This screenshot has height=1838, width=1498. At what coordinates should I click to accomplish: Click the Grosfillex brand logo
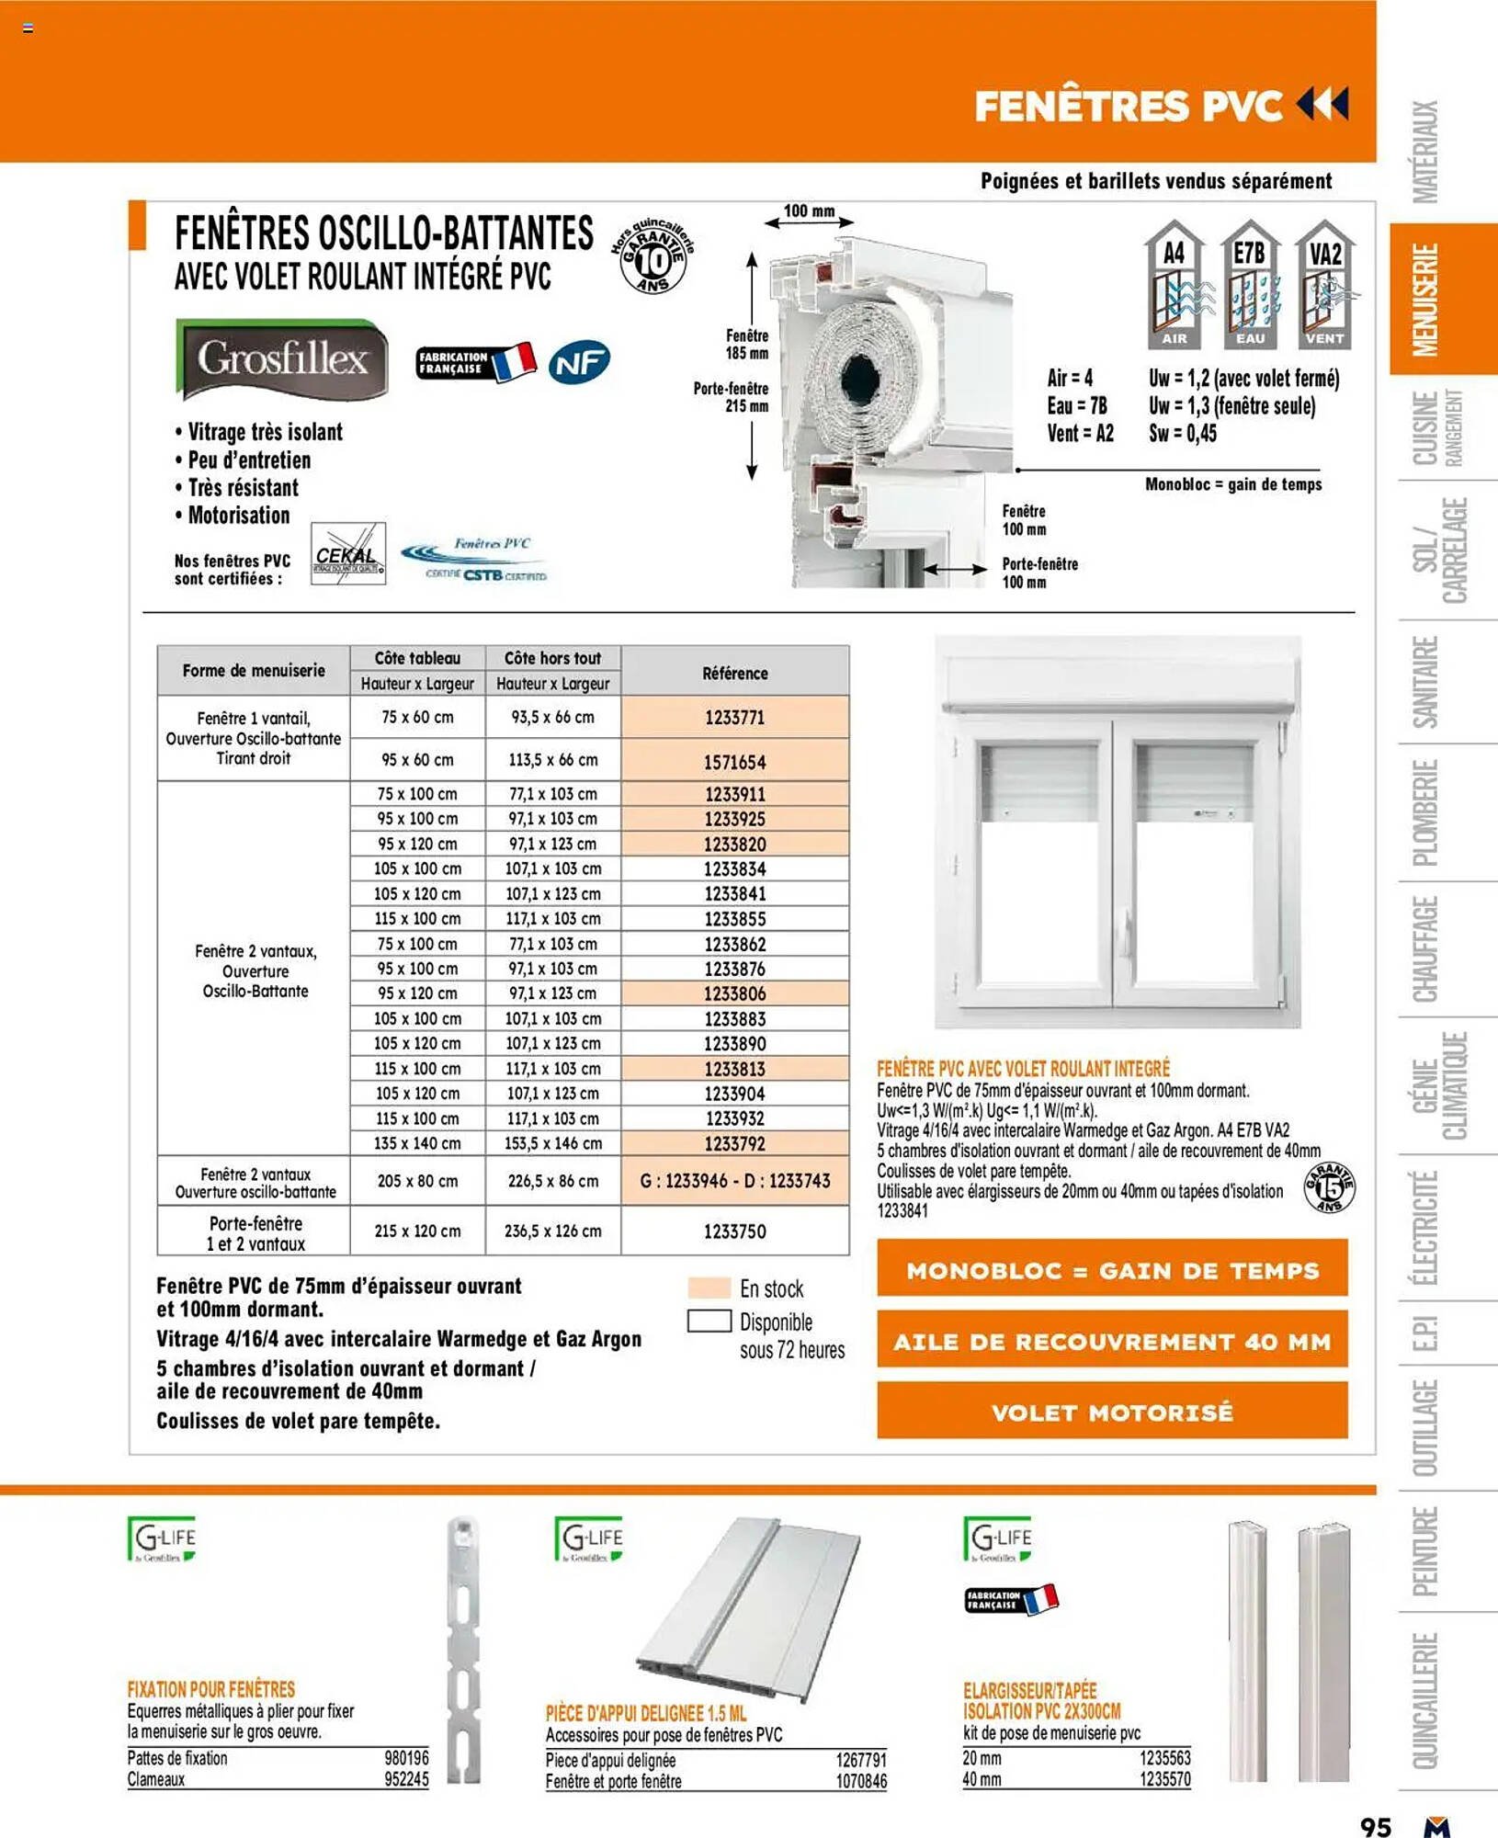[281, 358]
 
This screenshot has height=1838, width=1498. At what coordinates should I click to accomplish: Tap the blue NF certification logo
[579, 362]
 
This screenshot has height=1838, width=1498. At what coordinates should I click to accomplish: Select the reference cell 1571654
[734, 762]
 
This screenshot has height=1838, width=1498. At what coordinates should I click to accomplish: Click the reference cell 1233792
[734, 1143]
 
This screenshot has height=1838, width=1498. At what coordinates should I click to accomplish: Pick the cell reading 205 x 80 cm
[417, 1181]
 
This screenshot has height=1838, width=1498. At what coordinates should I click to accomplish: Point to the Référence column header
[734, 673]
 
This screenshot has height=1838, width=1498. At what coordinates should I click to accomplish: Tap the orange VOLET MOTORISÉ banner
[1112, 1413]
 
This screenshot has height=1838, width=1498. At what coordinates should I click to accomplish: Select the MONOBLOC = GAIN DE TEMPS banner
[1112, 1271]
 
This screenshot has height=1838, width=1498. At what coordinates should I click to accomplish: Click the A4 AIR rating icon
[1174, 285]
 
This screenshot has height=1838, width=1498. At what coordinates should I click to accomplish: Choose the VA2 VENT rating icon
[1324, 285]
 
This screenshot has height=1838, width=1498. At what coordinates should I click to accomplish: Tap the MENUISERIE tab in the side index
[1425, 300]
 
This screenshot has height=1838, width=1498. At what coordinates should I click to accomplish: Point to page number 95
[1375, 1825]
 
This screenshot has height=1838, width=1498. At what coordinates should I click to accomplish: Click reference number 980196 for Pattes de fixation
[406, 1758]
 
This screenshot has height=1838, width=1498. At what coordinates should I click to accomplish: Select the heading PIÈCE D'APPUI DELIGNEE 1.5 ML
[646, 1713]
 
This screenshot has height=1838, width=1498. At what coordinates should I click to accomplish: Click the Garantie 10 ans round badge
[653, 259]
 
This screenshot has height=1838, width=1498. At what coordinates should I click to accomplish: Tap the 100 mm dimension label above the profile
[809, 211]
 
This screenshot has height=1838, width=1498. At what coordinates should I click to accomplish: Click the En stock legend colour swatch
[709, 1288]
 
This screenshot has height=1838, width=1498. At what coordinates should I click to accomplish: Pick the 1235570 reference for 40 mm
[1164, 1779]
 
